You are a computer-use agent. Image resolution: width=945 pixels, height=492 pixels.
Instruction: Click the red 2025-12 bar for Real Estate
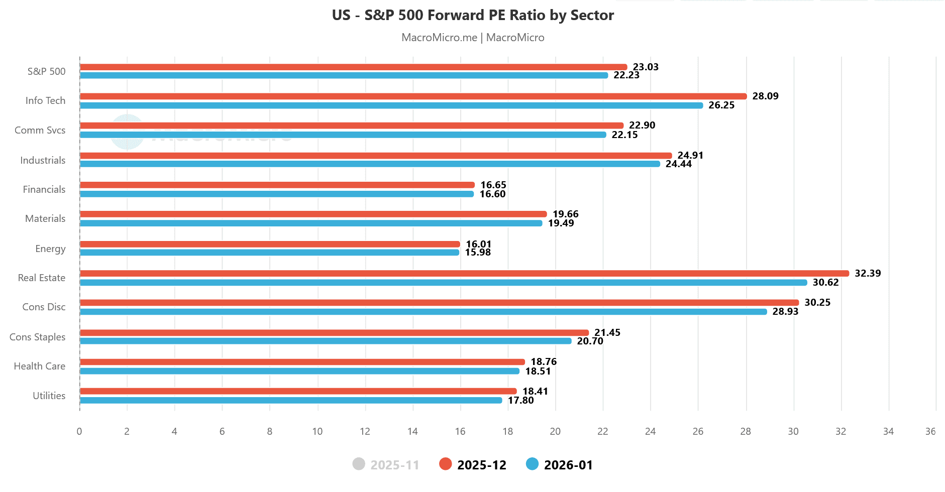tap(464, 274)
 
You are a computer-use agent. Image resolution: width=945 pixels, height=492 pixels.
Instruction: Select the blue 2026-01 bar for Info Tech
tap(391, 105)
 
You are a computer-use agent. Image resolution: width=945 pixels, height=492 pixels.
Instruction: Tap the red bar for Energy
tap(270, 244)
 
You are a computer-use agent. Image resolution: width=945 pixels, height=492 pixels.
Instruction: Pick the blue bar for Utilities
tap(291, 400)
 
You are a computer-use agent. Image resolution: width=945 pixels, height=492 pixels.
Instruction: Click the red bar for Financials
tap(277, 185)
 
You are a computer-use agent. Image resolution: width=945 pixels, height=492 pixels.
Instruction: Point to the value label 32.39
tap(868, 274)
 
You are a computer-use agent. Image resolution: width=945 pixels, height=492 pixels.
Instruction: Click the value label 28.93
tap(785, 312)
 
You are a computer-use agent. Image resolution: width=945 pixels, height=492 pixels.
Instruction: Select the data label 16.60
tap(492, 194)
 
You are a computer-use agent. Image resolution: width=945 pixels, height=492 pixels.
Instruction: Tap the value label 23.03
tap(646, 67)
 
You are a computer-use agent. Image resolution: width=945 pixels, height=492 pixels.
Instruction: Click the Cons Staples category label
tap(38, 337)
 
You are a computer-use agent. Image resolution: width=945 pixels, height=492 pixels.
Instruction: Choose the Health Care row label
tap(40, 366)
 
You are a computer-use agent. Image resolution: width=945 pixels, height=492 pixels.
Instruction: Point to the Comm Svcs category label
tap(40, 130)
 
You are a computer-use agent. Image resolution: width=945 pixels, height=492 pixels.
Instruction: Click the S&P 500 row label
tap(46, 71)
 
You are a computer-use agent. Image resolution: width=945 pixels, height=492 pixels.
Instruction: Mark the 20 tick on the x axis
tap(555, 431)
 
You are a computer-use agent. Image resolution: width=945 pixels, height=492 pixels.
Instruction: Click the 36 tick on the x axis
tap(930, 431)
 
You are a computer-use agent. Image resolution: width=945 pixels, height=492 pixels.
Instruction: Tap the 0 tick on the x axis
tap(79, 431)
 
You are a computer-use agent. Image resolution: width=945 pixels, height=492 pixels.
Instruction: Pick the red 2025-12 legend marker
tap(445, 464)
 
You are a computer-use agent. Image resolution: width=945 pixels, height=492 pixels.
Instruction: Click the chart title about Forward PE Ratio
tap(473, 15)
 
